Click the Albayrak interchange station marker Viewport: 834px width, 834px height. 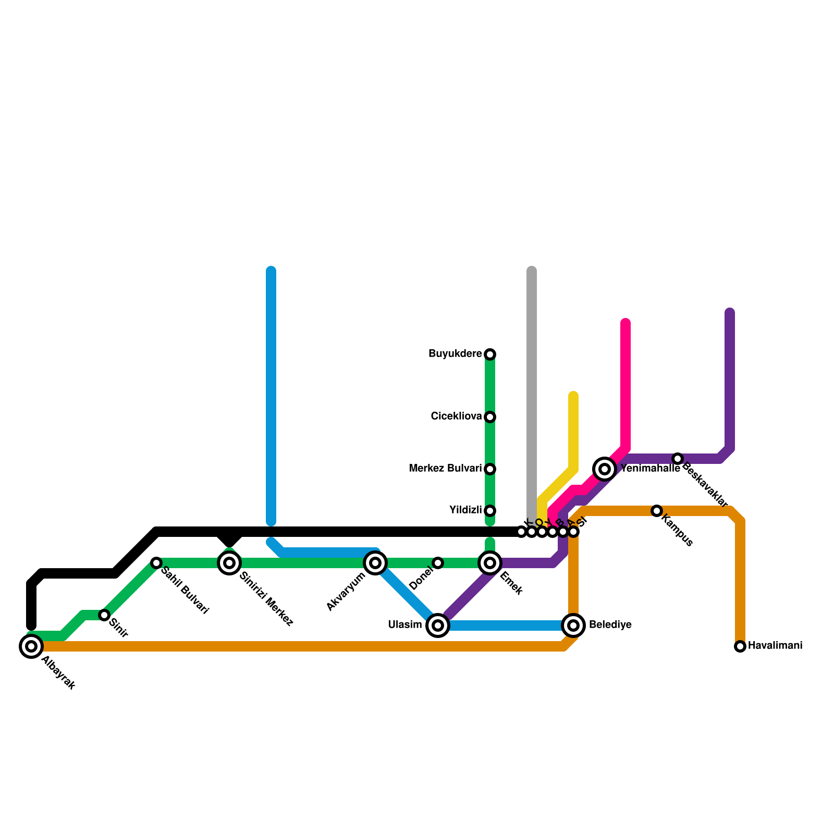tap(31, 646)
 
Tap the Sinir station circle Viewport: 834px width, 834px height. tap(104, 615)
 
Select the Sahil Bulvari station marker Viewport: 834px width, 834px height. tap(156, 563)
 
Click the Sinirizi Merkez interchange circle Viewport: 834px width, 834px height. tap(229, 563)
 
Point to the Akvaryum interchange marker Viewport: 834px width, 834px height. tap(375, 563)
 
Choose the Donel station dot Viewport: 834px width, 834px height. tap(438, 563)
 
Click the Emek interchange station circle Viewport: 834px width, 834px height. tap(490, 563)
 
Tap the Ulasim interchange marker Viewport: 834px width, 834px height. tap(438, 625)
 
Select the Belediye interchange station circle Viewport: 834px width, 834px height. tap(573, 625)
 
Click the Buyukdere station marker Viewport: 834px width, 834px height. tap(490, 354)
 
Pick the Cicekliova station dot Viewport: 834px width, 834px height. tap(490, 417)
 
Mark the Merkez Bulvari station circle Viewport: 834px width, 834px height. tap(490, 469)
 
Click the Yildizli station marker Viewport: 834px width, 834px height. tap(490, 511)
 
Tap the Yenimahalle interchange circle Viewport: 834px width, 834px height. tap(605, 469)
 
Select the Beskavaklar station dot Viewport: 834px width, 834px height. tap(678, 459)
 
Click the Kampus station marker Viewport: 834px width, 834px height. tap(657, 511)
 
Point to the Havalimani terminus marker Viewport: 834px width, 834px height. tap(740, 646)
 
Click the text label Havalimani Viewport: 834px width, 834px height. tap(775, 646)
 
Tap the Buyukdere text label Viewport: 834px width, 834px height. tap(455, 354)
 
